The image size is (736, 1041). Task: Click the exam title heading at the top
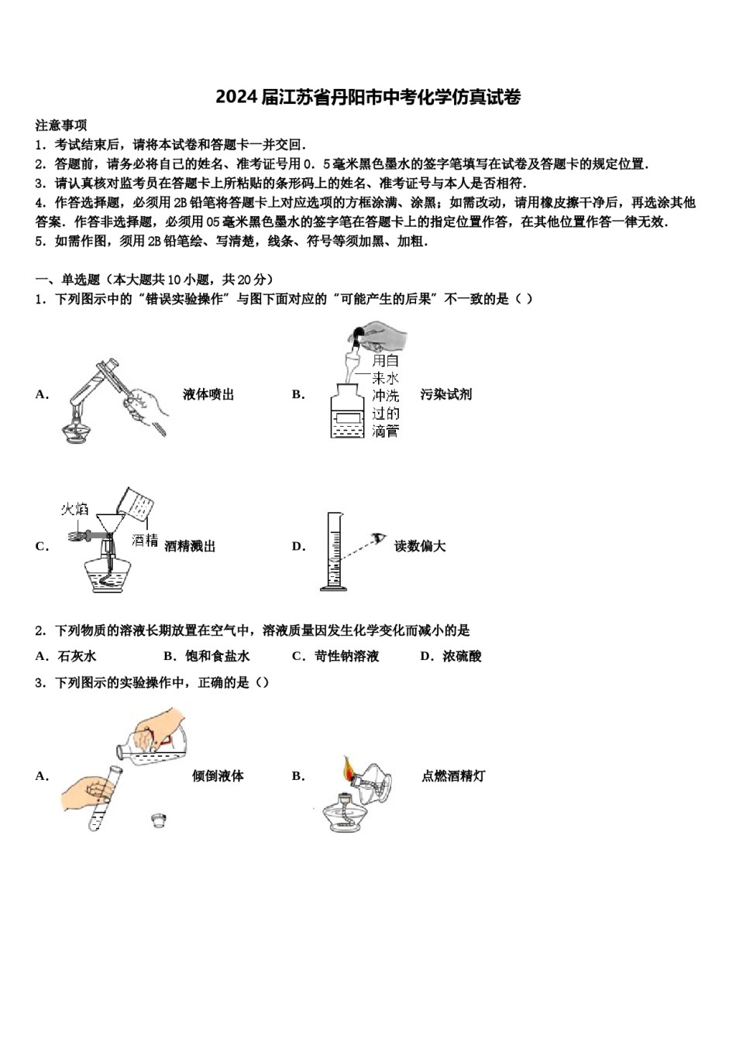pyautogui.click(x=368, y=97)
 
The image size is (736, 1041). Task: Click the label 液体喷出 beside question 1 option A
pyautogui.click(x=208, y=394)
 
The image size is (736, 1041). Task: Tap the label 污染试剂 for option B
pyautogui.click(x=445, y=394)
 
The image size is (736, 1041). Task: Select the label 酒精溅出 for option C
pyautogui.click(x=190, y=546)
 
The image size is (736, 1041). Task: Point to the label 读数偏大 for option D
pyautogui.click(x=420, y=546)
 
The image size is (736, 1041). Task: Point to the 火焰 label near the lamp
pyautogui.click(x=74, y=509)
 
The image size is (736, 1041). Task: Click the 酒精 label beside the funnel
pyautogui.click(x=145, y=540)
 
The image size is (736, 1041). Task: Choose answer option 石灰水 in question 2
pyautogui.click(x=77, y=656)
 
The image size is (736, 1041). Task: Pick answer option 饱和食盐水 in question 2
pyautogui.click(x=217, y=656)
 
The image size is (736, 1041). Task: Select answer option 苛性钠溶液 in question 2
pyautogui.click(x=346, y=656)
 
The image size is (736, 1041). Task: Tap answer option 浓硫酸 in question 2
pyautogui.click(x=462, y=656)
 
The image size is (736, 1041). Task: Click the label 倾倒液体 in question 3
pyautogui.click(x=218, y=775)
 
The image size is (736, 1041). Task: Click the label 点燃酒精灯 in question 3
pyautogui.click(x=453, y=775)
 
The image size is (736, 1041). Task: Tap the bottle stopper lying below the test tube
pyautogui.click(x=159, y=818)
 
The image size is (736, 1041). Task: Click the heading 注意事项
pyautogui.click(x=61, y=125)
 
